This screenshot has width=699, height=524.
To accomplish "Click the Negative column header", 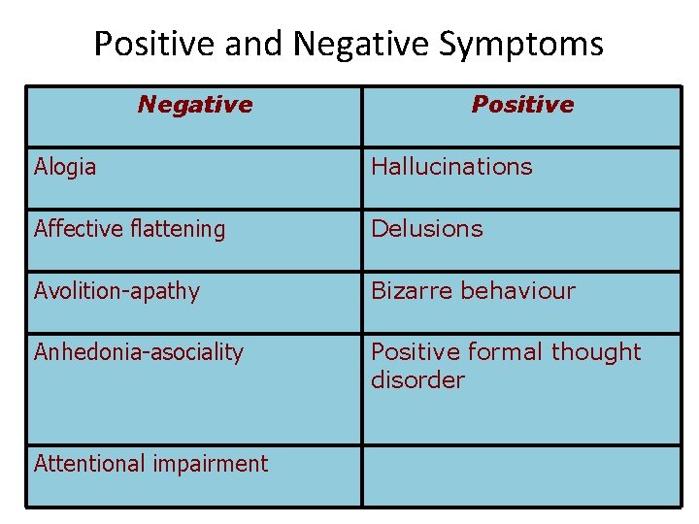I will click(x=195, y=105).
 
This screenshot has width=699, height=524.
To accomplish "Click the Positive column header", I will click(x=522, y=105).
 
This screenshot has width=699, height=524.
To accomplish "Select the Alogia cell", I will click(x=65, y=167).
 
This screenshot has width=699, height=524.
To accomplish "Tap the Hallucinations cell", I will click(x=451, y=167).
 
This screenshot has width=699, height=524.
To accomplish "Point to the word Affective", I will click(x=78, y=229).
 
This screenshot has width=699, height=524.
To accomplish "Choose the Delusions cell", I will click(x=426, y=229).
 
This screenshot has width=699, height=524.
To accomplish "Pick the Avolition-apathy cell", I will click(x=116, y=291).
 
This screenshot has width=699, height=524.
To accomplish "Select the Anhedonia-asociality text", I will click(x=139, y=352).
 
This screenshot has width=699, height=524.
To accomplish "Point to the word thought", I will click(x=596, y=352).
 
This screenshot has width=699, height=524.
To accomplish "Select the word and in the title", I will click(x=253, y=44).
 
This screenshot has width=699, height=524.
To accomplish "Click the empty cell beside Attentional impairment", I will click(x=521, y=475).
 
